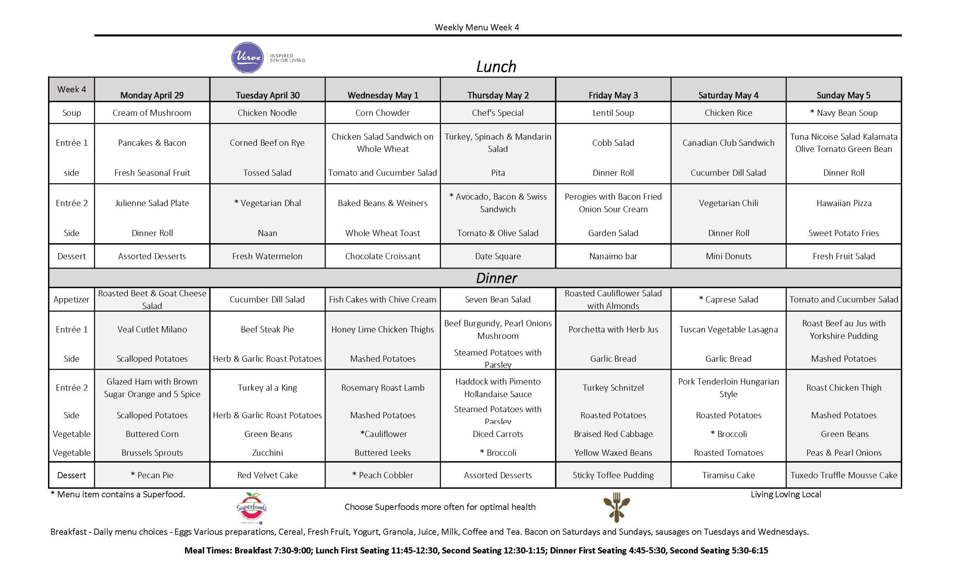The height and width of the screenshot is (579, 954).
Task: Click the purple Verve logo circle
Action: point(247,58)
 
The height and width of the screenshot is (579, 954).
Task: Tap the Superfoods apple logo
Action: point(252,508)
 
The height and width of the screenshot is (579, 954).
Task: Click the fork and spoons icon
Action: point(616,507)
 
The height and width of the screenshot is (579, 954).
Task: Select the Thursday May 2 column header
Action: point(497,95)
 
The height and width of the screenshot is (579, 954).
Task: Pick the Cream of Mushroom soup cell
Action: point(152,113)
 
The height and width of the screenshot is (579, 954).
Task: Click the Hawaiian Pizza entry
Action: point(844,203)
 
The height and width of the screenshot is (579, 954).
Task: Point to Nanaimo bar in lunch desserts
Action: point(613,256)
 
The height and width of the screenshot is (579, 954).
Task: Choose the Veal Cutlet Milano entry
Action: point(152,329)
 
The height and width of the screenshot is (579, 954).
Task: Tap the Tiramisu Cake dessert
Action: point(728,475)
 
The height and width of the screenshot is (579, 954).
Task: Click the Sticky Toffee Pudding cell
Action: point(613,475)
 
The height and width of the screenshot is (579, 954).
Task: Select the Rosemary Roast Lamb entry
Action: point(382,388)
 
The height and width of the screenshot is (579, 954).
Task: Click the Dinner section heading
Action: point(496,278)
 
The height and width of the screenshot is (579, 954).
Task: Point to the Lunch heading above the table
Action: point(496,67)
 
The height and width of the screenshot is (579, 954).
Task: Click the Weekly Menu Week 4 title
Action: point(477,28)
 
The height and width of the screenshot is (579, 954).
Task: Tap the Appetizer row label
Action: point(71,300)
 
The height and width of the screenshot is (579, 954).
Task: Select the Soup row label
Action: point(71,113)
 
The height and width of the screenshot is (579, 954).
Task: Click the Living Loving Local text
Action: point(786,494)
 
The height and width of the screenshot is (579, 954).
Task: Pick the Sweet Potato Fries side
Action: point(844,233)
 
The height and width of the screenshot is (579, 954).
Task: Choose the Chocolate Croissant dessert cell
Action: point(382,256)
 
